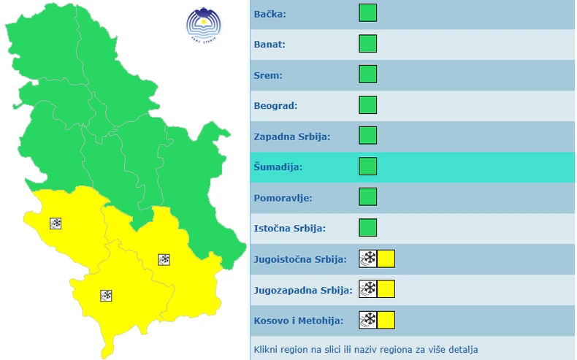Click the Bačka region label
point(270,14)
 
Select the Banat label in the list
point(270,45)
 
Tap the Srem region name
point(268,75)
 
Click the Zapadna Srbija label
point(292,137)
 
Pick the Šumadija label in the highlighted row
point(278,167)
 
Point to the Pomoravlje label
point(283,198)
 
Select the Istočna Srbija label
point(289,229)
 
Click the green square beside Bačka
point(368,13)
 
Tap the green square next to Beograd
point(368,105)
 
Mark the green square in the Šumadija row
point(368,166)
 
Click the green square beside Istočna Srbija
point(368,228)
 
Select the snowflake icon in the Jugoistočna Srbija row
point(368,258)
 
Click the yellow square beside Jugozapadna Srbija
point(386,289)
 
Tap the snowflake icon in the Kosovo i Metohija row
point(368,320)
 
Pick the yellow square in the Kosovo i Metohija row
point(386,320)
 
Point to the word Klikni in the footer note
point(266,350)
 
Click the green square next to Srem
point(368,74)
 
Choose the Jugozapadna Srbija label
point(302,290)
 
